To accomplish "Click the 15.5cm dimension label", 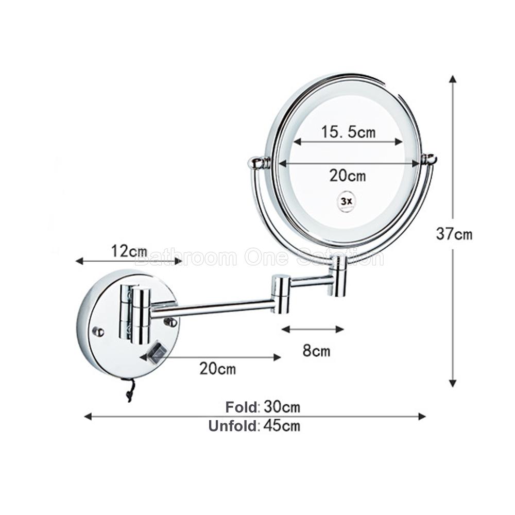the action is pyautogui.click(x=348, y=132).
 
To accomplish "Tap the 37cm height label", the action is pyautogui.click(x=454, y=234).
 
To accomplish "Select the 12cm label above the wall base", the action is pyautogui.click(x=129, y=251).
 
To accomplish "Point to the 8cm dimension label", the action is pyautogui.click(x=316, y=351).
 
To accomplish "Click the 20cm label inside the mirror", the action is pyautogui.click(x=348, y=176).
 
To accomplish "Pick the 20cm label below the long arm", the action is pyautogui.click(x=218, y=369).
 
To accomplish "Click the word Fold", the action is pyautogui.click(x=242, y=407).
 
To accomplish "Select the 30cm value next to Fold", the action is pyautogui.click(x=282, y=407).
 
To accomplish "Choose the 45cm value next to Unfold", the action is pyautogui.click(x=282, y=426).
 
